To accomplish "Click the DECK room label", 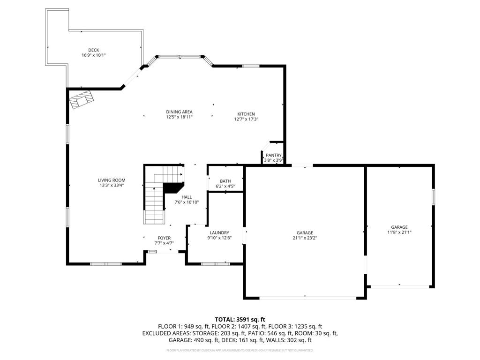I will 94,50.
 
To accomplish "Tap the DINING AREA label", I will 179,112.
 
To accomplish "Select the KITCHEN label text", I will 246,114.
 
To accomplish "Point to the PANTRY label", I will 273,155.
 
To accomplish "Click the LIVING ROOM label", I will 112,180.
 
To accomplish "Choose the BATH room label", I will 225,181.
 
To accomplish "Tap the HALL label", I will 187,197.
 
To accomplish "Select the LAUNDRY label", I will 219,232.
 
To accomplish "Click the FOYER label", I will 164,238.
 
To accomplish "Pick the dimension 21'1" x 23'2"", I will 305,238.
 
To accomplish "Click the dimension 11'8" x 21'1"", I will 399,232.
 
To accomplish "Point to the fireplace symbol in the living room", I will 82,99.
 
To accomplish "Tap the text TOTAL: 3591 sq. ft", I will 240,319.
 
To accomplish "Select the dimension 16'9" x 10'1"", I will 94,55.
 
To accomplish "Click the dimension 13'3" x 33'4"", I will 112,185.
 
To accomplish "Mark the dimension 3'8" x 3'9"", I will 273,160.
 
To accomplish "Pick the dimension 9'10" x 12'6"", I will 219,238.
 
